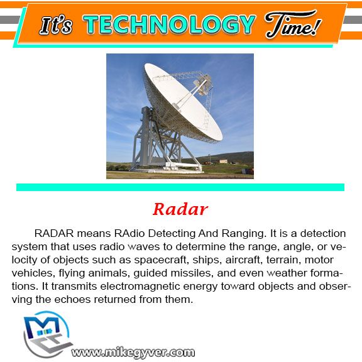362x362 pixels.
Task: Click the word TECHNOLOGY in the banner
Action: coord(169,25)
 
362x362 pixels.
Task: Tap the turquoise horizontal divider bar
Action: coord(180,187)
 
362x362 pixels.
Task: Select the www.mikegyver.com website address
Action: coord(133,353)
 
